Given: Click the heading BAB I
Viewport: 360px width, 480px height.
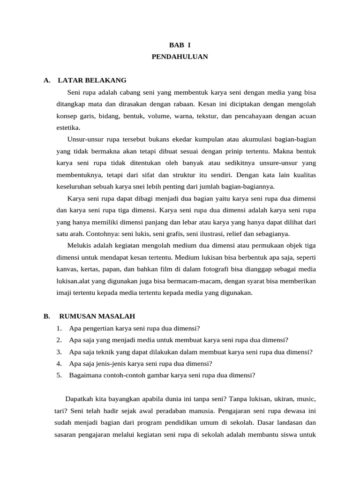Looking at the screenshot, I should (x=180, y=45).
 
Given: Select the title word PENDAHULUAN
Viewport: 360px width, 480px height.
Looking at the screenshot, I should (x=180, y=57).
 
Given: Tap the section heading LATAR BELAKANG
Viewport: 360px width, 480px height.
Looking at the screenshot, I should (x=92, y=80).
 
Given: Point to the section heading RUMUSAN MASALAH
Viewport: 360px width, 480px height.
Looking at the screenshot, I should (x=97, y=316).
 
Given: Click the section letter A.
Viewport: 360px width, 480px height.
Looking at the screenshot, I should (x=46, y=80).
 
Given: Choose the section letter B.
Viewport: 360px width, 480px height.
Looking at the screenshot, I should (x=46, y=316).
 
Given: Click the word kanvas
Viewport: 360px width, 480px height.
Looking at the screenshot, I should (x=66, y=269).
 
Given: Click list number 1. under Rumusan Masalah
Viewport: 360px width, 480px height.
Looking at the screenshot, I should (x=59, y=329).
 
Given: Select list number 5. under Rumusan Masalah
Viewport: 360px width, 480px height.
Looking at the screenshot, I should (x=59, y=375).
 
